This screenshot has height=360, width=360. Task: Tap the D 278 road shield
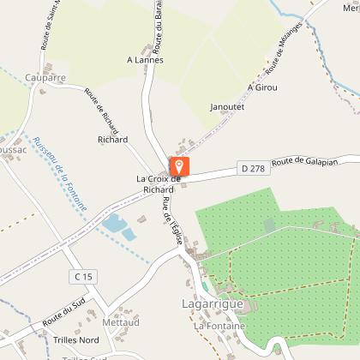(252, 169)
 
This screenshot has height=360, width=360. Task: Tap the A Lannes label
(145, 60)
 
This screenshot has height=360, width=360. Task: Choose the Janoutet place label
(227, 107)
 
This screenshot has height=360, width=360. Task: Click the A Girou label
(263, 87)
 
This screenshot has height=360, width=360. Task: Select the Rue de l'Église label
(170, 221)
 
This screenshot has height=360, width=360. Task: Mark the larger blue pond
(112, 225)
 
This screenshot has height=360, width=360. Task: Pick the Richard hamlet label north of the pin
(112, 139)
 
